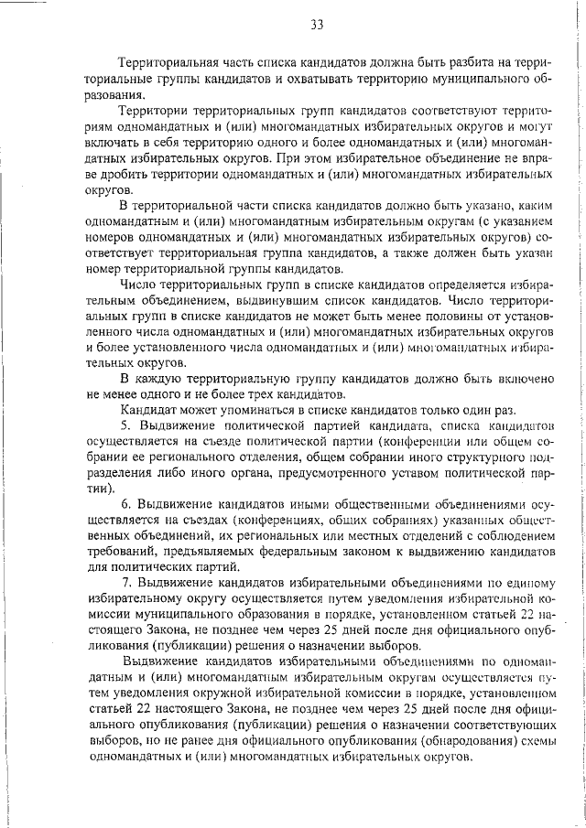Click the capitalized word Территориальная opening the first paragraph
point(168,63)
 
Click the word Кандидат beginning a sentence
point(149,411)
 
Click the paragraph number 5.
point(126,427)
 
